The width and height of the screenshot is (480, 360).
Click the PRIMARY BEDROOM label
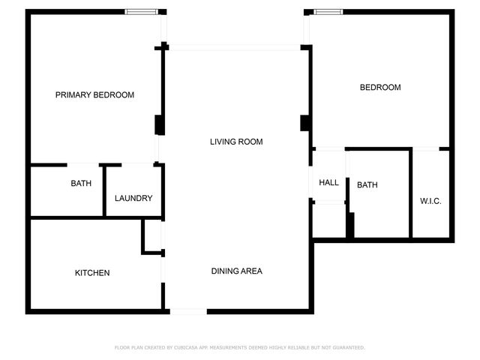[94, 95]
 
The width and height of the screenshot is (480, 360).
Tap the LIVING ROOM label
[236, 142]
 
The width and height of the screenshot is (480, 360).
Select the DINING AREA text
[236, 271]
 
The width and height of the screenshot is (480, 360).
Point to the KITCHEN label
[92, 273]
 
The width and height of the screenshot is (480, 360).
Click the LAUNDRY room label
[133, 199]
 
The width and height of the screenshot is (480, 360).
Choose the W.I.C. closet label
[430, 201]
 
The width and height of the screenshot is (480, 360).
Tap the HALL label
[328, 183]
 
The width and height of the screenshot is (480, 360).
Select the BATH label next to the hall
[367, 185]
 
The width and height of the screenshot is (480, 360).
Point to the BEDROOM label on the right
[380, 88]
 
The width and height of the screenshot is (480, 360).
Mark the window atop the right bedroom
[328, 11]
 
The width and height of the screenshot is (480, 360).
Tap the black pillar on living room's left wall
[159, 124]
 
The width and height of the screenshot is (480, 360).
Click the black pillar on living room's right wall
[305, 123]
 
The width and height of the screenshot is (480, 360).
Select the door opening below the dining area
[188, 311]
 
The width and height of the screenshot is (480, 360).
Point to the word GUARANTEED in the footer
[347, 348]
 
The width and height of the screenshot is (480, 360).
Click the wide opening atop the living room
[235, 48]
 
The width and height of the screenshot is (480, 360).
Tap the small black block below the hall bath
[349, 226]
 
